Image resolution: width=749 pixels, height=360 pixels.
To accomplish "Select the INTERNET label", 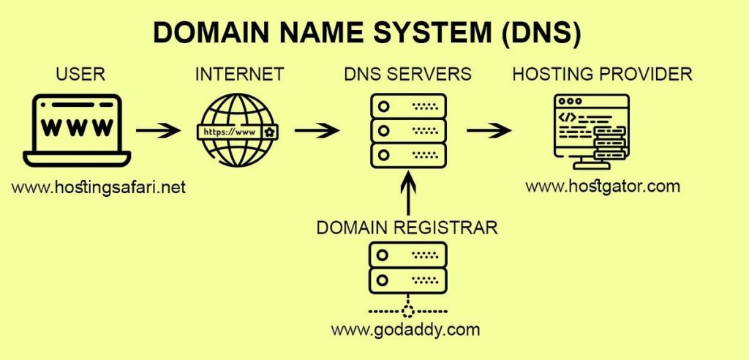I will tap(239, 74).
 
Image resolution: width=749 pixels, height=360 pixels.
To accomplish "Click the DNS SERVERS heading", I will tap(407, 74).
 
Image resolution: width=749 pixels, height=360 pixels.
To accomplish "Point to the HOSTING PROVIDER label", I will tap(602, 74).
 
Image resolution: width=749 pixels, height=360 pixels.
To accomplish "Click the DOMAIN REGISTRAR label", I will tap(407, 228).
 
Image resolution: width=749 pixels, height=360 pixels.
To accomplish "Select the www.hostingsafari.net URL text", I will tap(99, 187).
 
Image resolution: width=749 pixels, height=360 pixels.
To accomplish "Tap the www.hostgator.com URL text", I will tap(603, 186).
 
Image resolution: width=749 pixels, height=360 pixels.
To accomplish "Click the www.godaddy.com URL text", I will tap(406, 329).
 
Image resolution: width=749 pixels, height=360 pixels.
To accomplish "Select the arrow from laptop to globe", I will tap(159, 132).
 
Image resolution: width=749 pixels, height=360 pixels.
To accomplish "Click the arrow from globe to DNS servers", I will tap(317, 132).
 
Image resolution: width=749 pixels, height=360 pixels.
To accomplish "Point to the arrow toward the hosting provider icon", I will tap(489, 132).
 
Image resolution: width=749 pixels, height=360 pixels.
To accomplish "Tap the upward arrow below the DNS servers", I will tap(407, 192).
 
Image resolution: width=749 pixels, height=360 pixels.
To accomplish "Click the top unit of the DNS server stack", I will tap(407, 106).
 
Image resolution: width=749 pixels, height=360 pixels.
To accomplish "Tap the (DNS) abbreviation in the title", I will tap(541, 34).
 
